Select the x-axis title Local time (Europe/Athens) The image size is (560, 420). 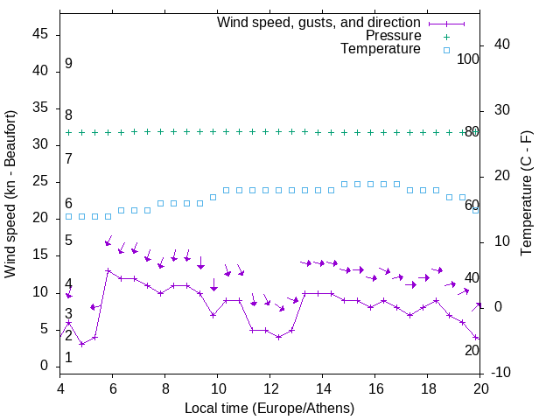(270, 408)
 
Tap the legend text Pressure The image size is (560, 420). (393, 36)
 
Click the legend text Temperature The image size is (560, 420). (381, 49)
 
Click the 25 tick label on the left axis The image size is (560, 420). (40, 182)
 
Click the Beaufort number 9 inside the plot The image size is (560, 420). (68, 64)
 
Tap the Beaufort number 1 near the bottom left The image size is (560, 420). (68, 358)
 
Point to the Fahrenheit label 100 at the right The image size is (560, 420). (468, 59)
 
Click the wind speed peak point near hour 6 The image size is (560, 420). (108, 271)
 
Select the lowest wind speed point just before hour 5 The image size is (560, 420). (81, 344)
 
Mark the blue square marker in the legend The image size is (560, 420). (445, 50)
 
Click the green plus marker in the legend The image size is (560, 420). (445, 36)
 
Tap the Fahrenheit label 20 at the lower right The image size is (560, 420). (472, 350)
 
